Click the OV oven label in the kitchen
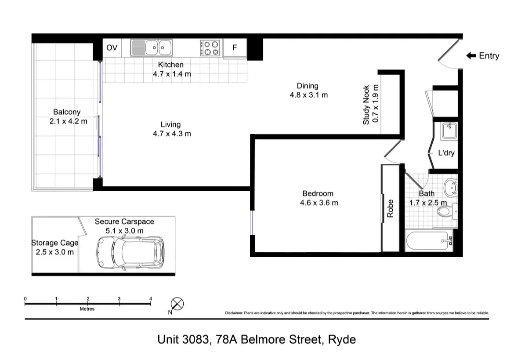[x=112, y=47]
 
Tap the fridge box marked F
[x=235, y=47]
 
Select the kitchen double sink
[x=152, y=47]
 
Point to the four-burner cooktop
[x=210, y=48]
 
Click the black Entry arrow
[x=471, y=55]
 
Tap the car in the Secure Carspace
[x=130, y=252]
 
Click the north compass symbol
[x=177, y=304]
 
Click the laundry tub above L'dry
[x=449, y=131]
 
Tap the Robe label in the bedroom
[x=390, y=208]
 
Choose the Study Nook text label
[x=366, y=105]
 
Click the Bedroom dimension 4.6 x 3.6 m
[x=319, y=203]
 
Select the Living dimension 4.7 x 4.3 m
[x=171, y=134]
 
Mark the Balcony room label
[x=67, y=112]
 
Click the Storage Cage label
[x=54, y=243]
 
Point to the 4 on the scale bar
[x=151, y=299]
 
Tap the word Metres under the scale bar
[x=87, y=309]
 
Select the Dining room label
[x=307, y=86]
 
